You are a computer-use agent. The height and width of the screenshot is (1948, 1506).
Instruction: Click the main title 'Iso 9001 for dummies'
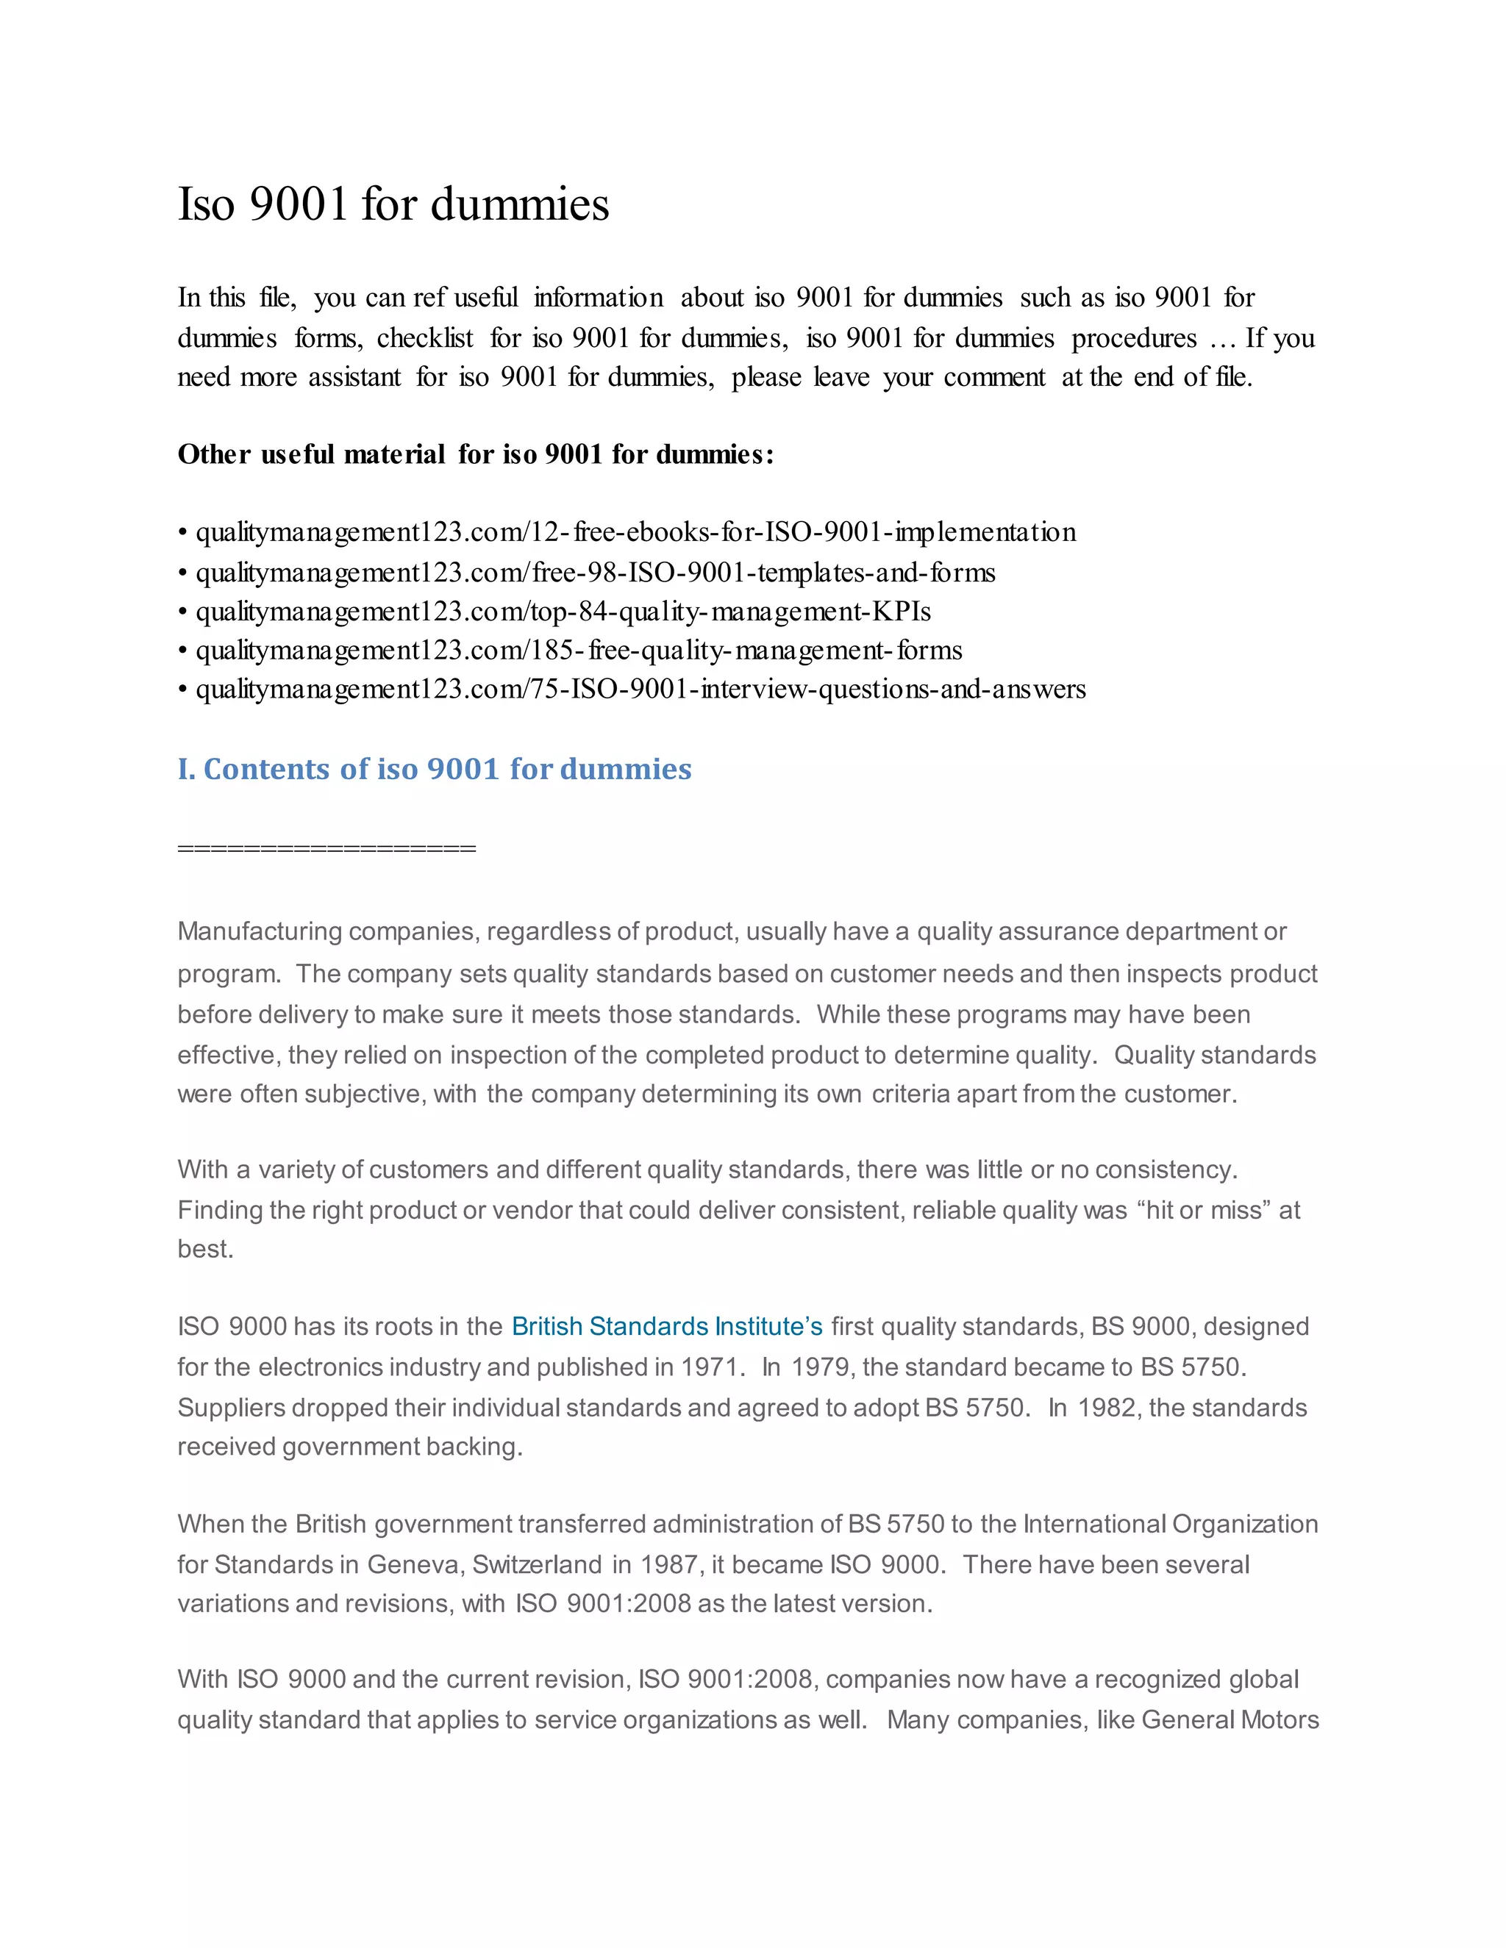coord(393,204)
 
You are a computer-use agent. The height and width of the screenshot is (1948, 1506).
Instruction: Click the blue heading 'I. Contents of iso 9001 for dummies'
coord(435,769)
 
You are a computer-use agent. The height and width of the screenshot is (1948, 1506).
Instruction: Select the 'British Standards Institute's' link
coord(666,1326)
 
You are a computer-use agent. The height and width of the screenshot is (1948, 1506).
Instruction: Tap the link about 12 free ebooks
coord(635,532)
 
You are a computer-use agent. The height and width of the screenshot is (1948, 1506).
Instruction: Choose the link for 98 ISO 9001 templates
coord(595,573)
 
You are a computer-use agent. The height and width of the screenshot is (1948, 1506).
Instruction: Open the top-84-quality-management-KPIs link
coord(563,612)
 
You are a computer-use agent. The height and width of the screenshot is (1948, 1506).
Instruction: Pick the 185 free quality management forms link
coord(579,651)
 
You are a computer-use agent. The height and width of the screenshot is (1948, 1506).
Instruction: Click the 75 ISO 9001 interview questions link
coord(640,690)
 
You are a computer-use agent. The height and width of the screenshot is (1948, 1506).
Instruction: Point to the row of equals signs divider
coord(326,848)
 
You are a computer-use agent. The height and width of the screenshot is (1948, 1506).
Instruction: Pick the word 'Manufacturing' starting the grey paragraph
coord(260,931)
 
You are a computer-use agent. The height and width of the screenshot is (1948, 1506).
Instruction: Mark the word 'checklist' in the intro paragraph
coord(425,338)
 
